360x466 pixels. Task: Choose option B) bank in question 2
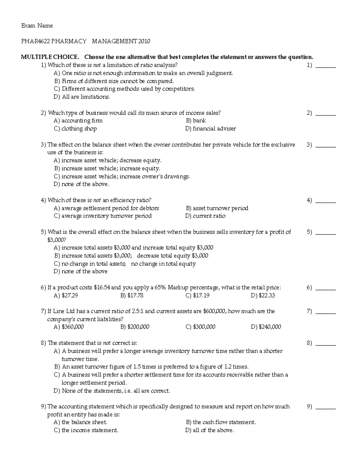[x=196, y=121]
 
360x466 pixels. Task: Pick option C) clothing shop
[x=75, y=129]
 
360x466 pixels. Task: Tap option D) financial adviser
[x=211, y=129]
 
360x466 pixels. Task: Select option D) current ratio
[x=205, y=216]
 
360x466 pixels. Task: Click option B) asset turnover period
[x=217, y=208]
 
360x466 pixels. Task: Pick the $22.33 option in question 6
[x=263, y=296]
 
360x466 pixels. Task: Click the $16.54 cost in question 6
[x=102, y=287]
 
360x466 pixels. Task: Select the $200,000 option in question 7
[x=135, y=327]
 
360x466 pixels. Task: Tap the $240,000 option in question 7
[x=266, y=327]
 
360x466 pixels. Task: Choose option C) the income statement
[x=86, y=430]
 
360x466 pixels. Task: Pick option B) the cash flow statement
[x=221, y=422]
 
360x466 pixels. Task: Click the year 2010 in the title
[x=144, y=41]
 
